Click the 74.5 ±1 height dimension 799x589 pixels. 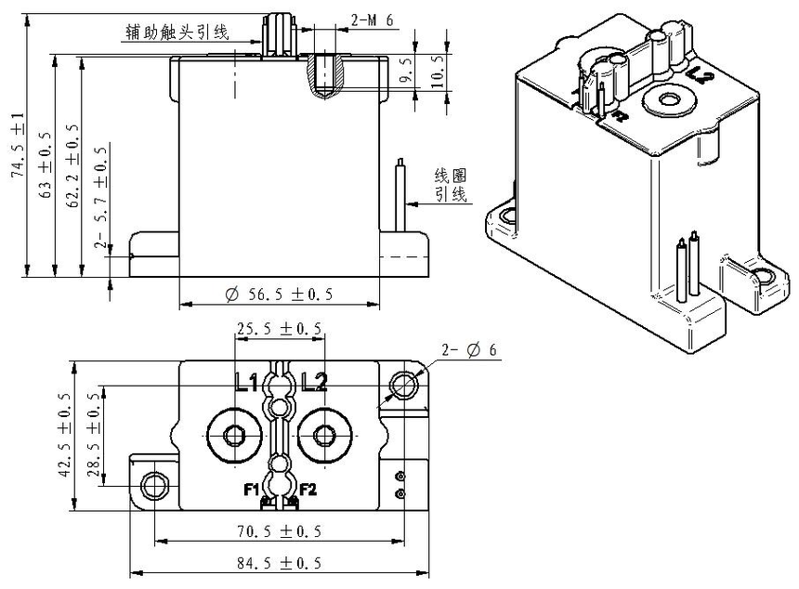18,143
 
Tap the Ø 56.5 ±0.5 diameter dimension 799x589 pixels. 279,294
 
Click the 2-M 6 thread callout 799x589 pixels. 371,20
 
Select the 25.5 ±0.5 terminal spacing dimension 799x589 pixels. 280,329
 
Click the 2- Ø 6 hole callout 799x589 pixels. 470,350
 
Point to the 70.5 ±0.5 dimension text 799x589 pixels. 281,532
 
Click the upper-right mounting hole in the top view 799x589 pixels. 405,384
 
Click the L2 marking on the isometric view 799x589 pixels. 700,79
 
